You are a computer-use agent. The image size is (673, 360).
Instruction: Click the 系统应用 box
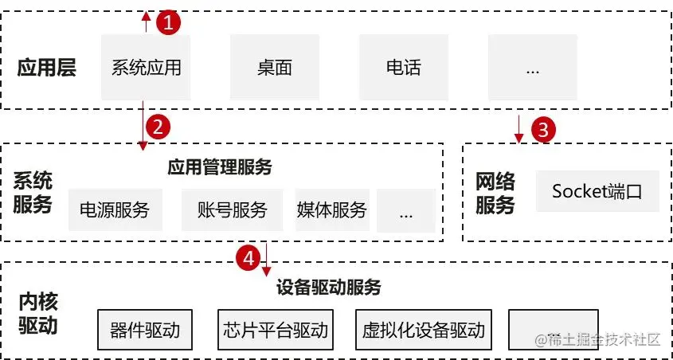[x=146, y=67]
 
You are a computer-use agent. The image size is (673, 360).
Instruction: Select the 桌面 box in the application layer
[x=275, y=67]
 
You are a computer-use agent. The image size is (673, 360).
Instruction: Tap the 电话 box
[x=403, y=67]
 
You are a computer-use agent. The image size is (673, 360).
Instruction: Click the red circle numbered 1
[x=168, y=23]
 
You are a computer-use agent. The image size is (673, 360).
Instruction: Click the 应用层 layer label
[x=47, y=68]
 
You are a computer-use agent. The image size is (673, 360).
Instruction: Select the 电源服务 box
[x=115, y=210]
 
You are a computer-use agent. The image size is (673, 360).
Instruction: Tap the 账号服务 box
[x=232, y=210]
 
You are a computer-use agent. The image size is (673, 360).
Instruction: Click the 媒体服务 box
[x=331, y=210]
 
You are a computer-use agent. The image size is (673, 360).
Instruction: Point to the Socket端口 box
[x=597, y=191]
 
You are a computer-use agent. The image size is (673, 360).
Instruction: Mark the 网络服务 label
[x=495, y=194]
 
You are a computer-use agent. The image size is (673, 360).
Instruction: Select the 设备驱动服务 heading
[x=328, y=287]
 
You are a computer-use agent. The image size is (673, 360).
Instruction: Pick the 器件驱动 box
[x=145, y=330]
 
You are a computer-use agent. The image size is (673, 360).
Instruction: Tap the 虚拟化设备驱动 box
[x=423, y=330]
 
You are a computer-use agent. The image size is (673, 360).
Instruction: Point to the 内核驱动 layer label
[x=38, y=314]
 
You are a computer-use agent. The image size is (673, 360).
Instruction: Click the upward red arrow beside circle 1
[x=146, y=21]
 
